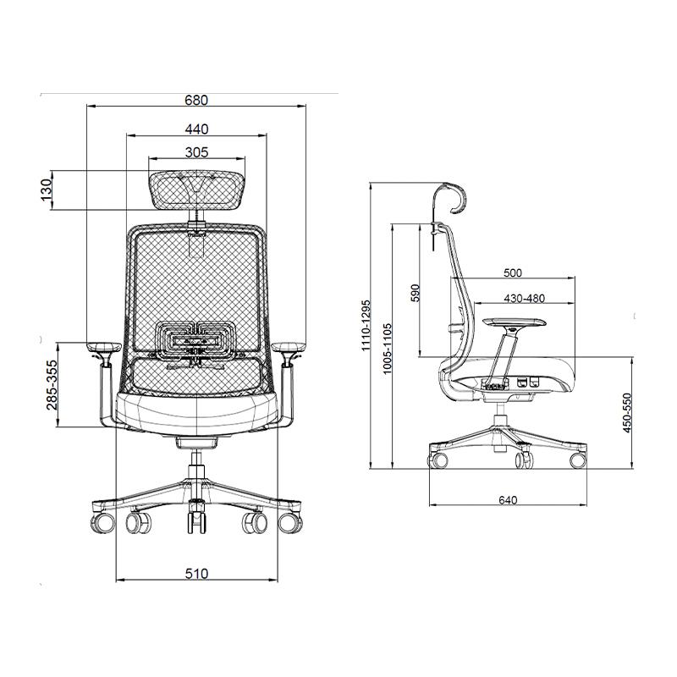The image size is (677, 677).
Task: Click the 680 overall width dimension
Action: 196,100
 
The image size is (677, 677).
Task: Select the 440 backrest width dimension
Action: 196,129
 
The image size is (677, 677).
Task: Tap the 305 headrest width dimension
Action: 196,152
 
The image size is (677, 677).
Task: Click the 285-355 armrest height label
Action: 52,385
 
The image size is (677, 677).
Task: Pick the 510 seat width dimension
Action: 196,574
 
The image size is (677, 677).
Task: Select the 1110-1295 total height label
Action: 366,325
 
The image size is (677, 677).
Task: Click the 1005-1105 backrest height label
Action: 387,348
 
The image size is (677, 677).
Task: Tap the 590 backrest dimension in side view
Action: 415,293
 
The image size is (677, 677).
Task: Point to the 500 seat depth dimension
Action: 513,272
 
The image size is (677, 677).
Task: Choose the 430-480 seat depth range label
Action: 524,299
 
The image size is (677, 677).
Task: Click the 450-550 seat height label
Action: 627,413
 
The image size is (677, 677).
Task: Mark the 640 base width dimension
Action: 508,500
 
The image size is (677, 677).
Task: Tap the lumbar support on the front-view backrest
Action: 196,341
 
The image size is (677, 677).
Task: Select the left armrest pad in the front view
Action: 104,347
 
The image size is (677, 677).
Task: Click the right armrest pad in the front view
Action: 289,347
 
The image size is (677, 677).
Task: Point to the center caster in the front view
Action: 196,517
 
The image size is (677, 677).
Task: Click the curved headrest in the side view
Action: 451,199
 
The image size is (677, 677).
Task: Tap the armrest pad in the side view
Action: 514,322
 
